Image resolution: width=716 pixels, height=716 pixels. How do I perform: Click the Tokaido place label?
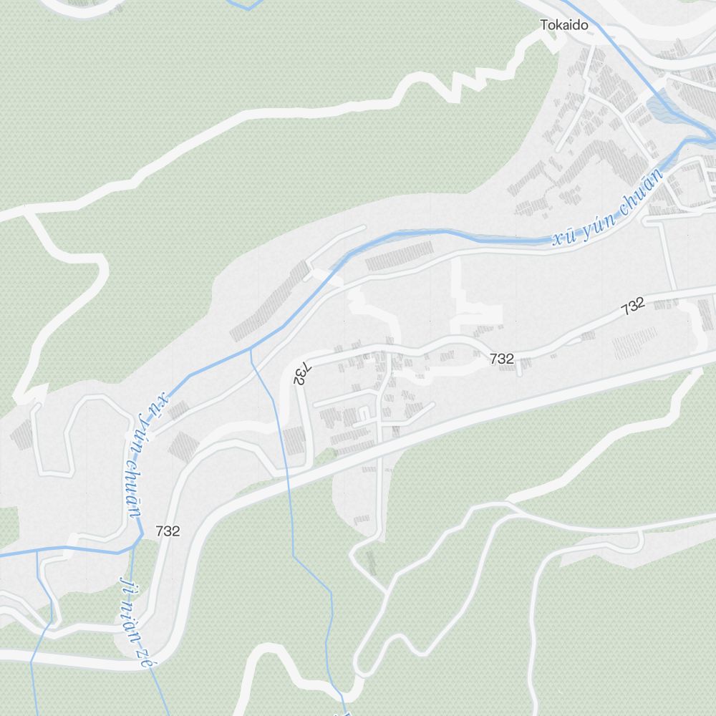point(564,26)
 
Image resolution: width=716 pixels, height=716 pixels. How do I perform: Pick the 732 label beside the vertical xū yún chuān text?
point(167,531)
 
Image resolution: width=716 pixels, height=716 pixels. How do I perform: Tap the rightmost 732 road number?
point(633,306)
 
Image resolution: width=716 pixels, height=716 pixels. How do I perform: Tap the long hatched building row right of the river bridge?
point(400,256)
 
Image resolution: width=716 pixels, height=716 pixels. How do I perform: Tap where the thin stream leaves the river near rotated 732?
point(251,349)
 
